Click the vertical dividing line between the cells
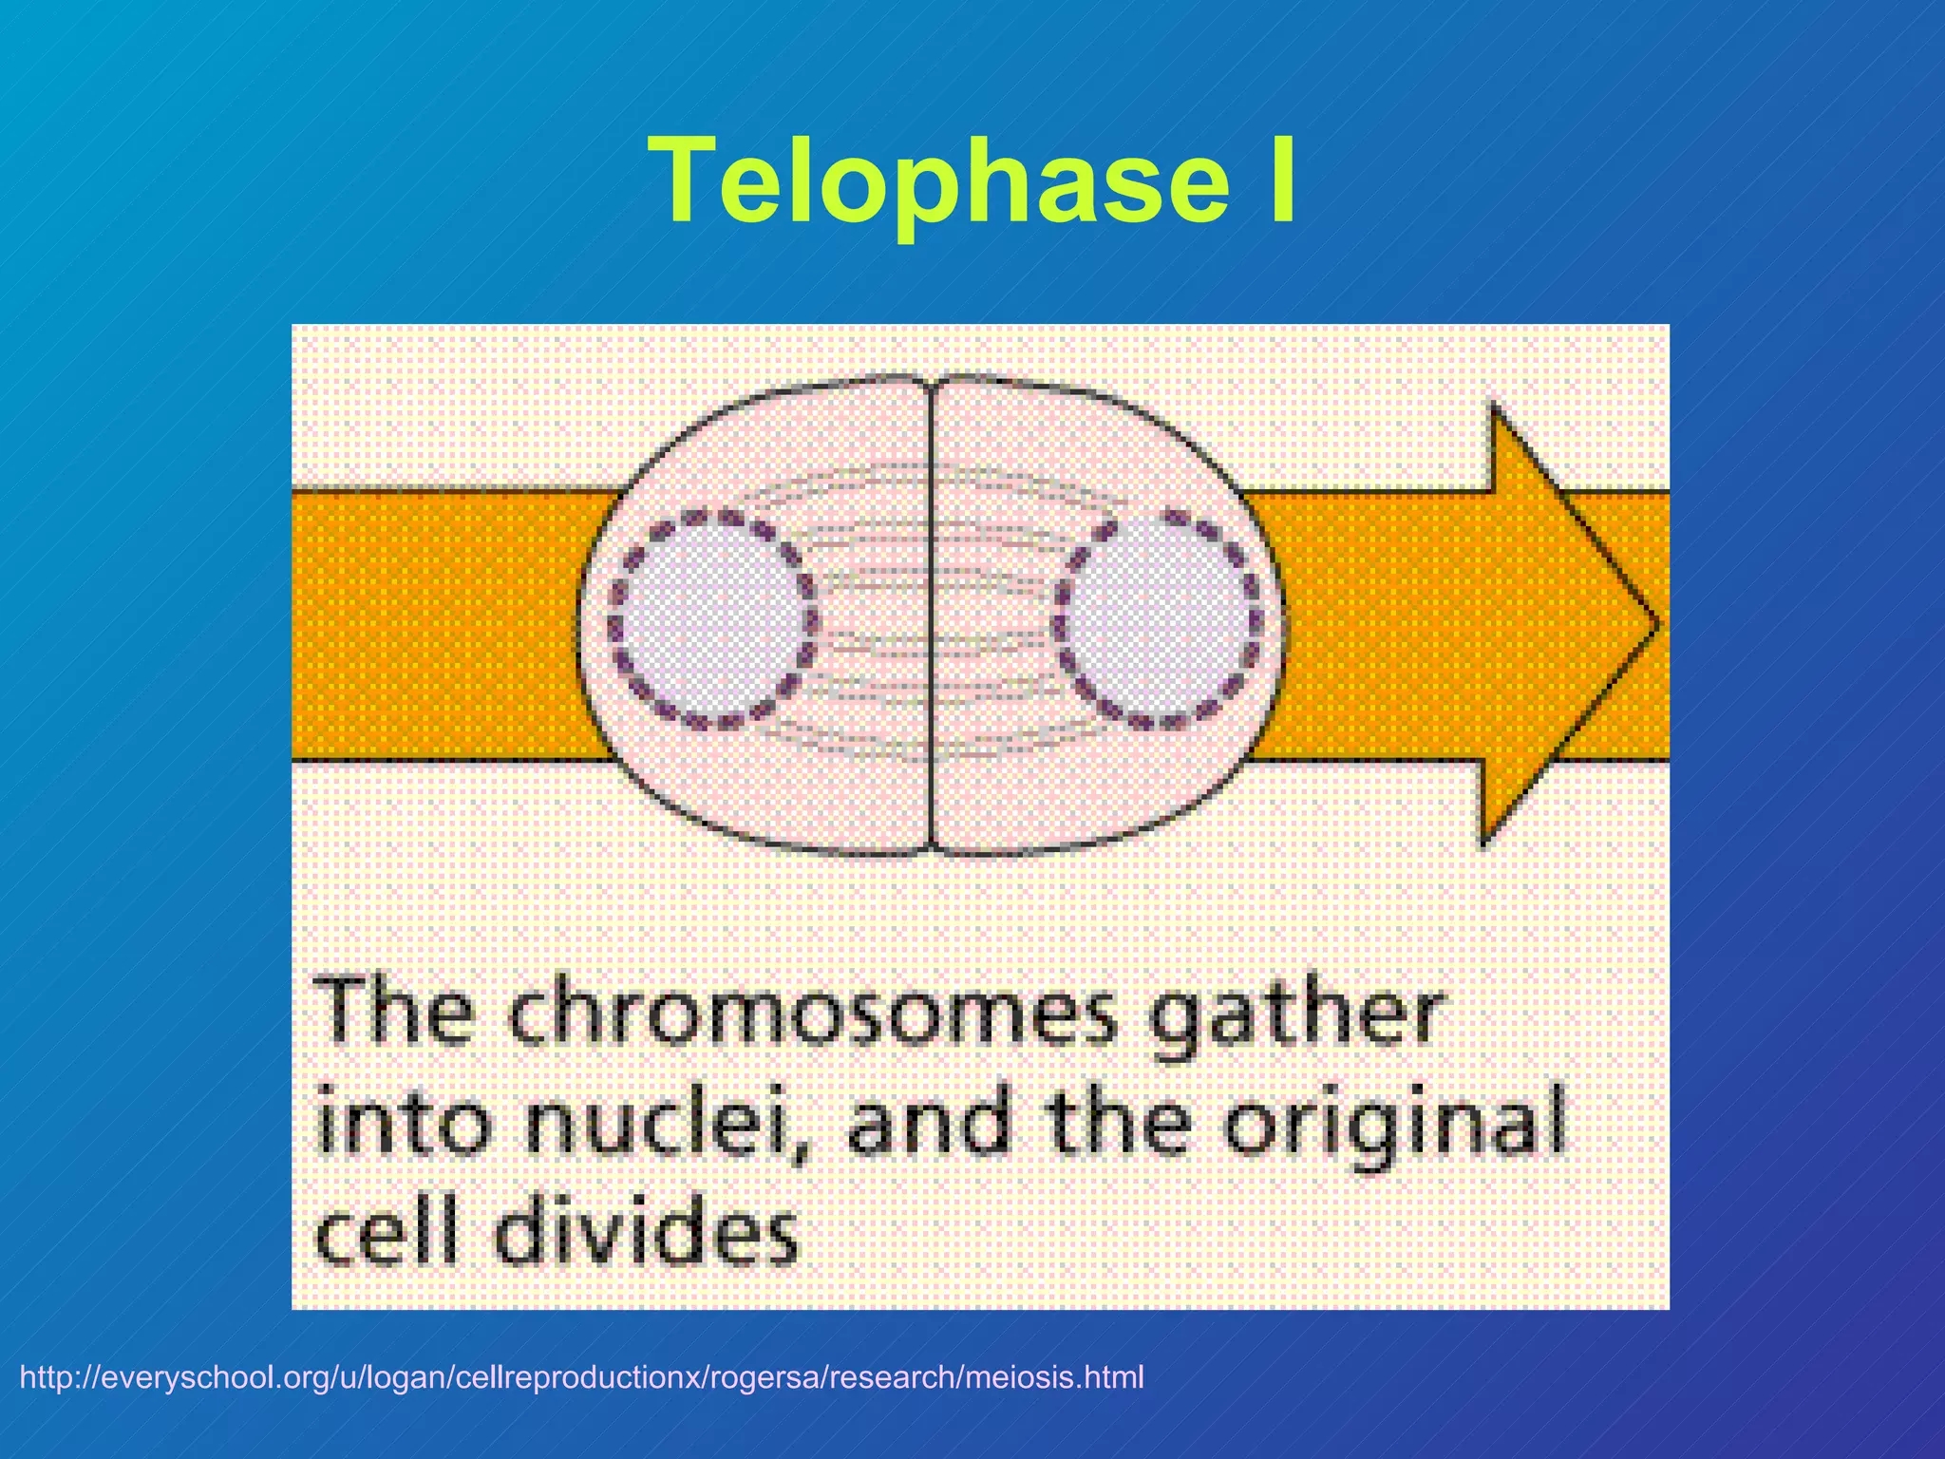(x=931, y=617)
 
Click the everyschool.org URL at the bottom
(x=581, y=1377)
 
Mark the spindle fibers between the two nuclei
(x=931, y=570)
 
